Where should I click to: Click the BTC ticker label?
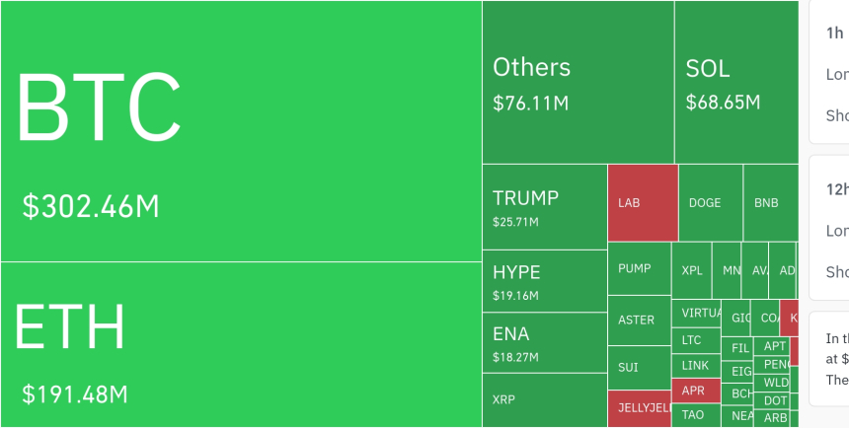99,107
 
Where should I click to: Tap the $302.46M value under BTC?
91,207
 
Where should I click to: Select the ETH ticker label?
70,326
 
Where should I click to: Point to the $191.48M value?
76,394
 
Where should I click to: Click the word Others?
531,67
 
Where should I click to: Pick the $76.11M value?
530,103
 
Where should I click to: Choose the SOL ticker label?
708,68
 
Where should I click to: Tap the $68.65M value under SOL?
723,103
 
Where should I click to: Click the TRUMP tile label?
525,198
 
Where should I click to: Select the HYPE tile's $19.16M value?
515,296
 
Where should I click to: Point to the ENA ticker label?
511,333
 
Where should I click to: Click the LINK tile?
695,365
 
